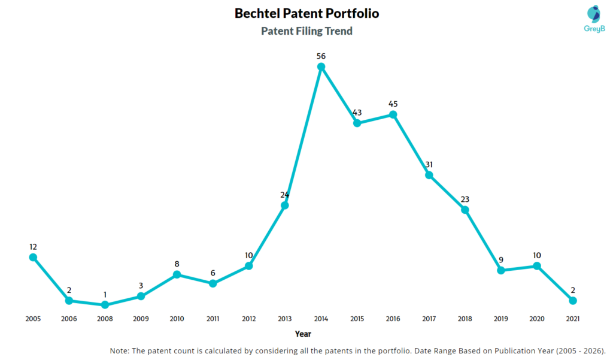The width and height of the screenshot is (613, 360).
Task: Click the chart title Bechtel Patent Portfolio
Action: pos(306,13)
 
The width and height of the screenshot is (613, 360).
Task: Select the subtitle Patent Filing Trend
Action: pos(306,31)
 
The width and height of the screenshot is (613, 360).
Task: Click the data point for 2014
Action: pos(321,67)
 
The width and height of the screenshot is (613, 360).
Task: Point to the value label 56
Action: pos(321,56)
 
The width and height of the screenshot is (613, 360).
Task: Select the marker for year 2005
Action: pos(33,257)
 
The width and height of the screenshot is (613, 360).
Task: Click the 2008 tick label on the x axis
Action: pos(105,319)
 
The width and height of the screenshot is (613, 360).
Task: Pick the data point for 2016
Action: pos(393,114)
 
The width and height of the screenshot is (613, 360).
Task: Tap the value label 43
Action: pos(357,113)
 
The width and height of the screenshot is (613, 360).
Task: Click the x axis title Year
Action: pos(303,334)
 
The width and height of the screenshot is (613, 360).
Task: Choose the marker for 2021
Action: pos(573,301)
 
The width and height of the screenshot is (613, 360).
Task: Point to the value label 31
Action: pos(429,164)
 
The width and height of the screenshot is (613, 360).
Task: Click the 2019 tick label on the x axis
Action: pos(500,319)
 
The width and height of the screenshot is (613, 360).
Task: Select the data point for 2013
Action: pos(285,205)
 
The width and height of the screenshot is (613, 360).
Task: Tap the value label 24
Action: pos(285,195)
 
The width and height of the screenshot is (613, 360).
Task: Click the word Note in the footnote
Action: pos(120,350)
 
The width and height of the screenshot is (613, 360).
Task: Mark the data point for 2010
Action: pos(177,274)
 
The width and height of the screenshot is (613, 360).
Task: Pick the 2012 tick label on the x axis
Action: pos(249,319)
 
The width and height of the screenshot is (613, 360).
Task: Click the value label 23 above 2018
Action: pos(465,199)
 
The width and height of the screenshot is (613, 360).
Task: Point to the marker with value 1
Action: pos(105,305)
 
